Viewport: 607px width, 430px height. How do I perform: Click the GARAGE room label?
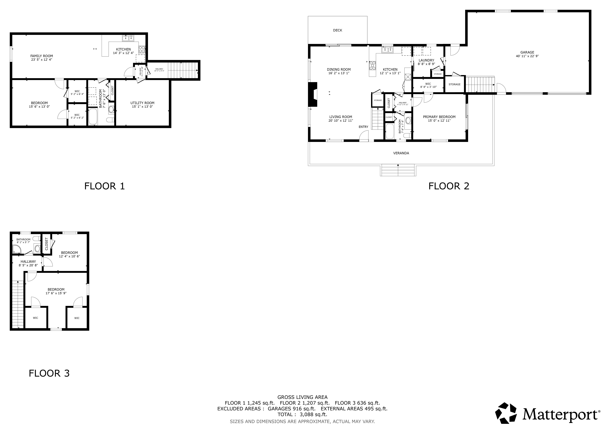[527, 52]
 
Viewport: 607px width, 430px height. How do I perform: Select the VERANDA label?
[401, 153]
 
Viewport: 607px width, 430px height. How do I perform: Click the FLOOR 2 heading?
[449, 186]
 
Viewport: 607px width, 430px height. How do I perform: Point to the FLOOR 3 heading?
[49, 373]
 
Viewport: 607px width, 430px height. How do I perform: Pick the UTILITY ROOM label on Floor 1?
[142, 103]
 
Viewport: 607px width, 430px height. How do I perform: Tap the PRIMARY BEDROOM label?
[439, 117]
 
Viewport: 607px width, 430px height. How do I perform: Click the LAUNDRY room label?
[426, 60]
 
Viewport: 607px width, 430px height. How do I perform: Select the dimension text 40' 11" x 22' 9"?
[527, 56]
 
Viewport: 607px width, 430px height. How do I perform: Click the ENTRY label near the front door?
[363, 127]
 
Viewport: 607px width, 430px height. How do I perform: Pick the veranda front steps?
[398, 170]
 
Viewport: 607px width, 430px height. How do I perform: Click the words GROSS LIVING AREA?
[302, 397]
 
